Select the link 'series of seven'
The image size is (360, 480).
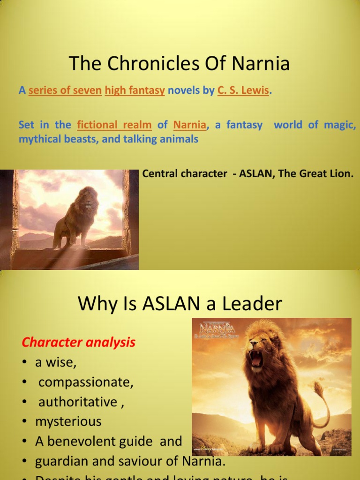[65, 90]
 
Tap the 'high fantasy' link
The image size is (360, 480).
[135, 90]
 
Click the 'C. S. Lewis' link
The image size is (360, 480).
[244, 90]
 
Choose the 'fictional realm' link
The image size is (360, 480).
[114, 125]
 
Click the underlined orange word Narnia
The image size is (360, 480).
[190, 125]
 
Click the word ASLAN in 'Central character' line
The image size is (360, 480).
[256, 174]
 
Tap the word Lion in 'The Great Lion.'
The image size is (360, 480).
[341, 174]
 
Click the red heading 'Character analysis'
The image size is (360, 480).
[78, 343]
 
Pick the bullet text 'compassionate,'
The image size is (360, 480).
[86, 382]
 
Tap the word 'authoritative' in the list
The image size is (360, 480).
[78, 402]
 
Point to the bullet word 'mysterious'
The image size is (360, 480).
[68, 421]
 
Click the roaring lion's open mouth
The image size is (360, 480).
[256, 358]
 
